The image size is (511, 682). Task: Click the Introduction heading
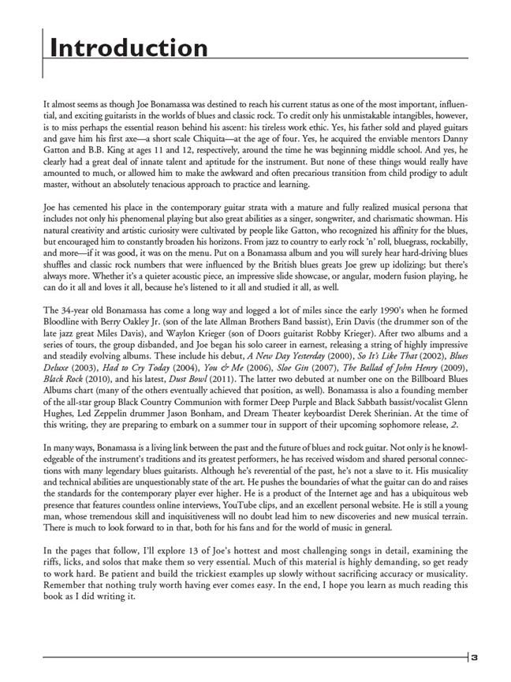pos(129,48)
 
